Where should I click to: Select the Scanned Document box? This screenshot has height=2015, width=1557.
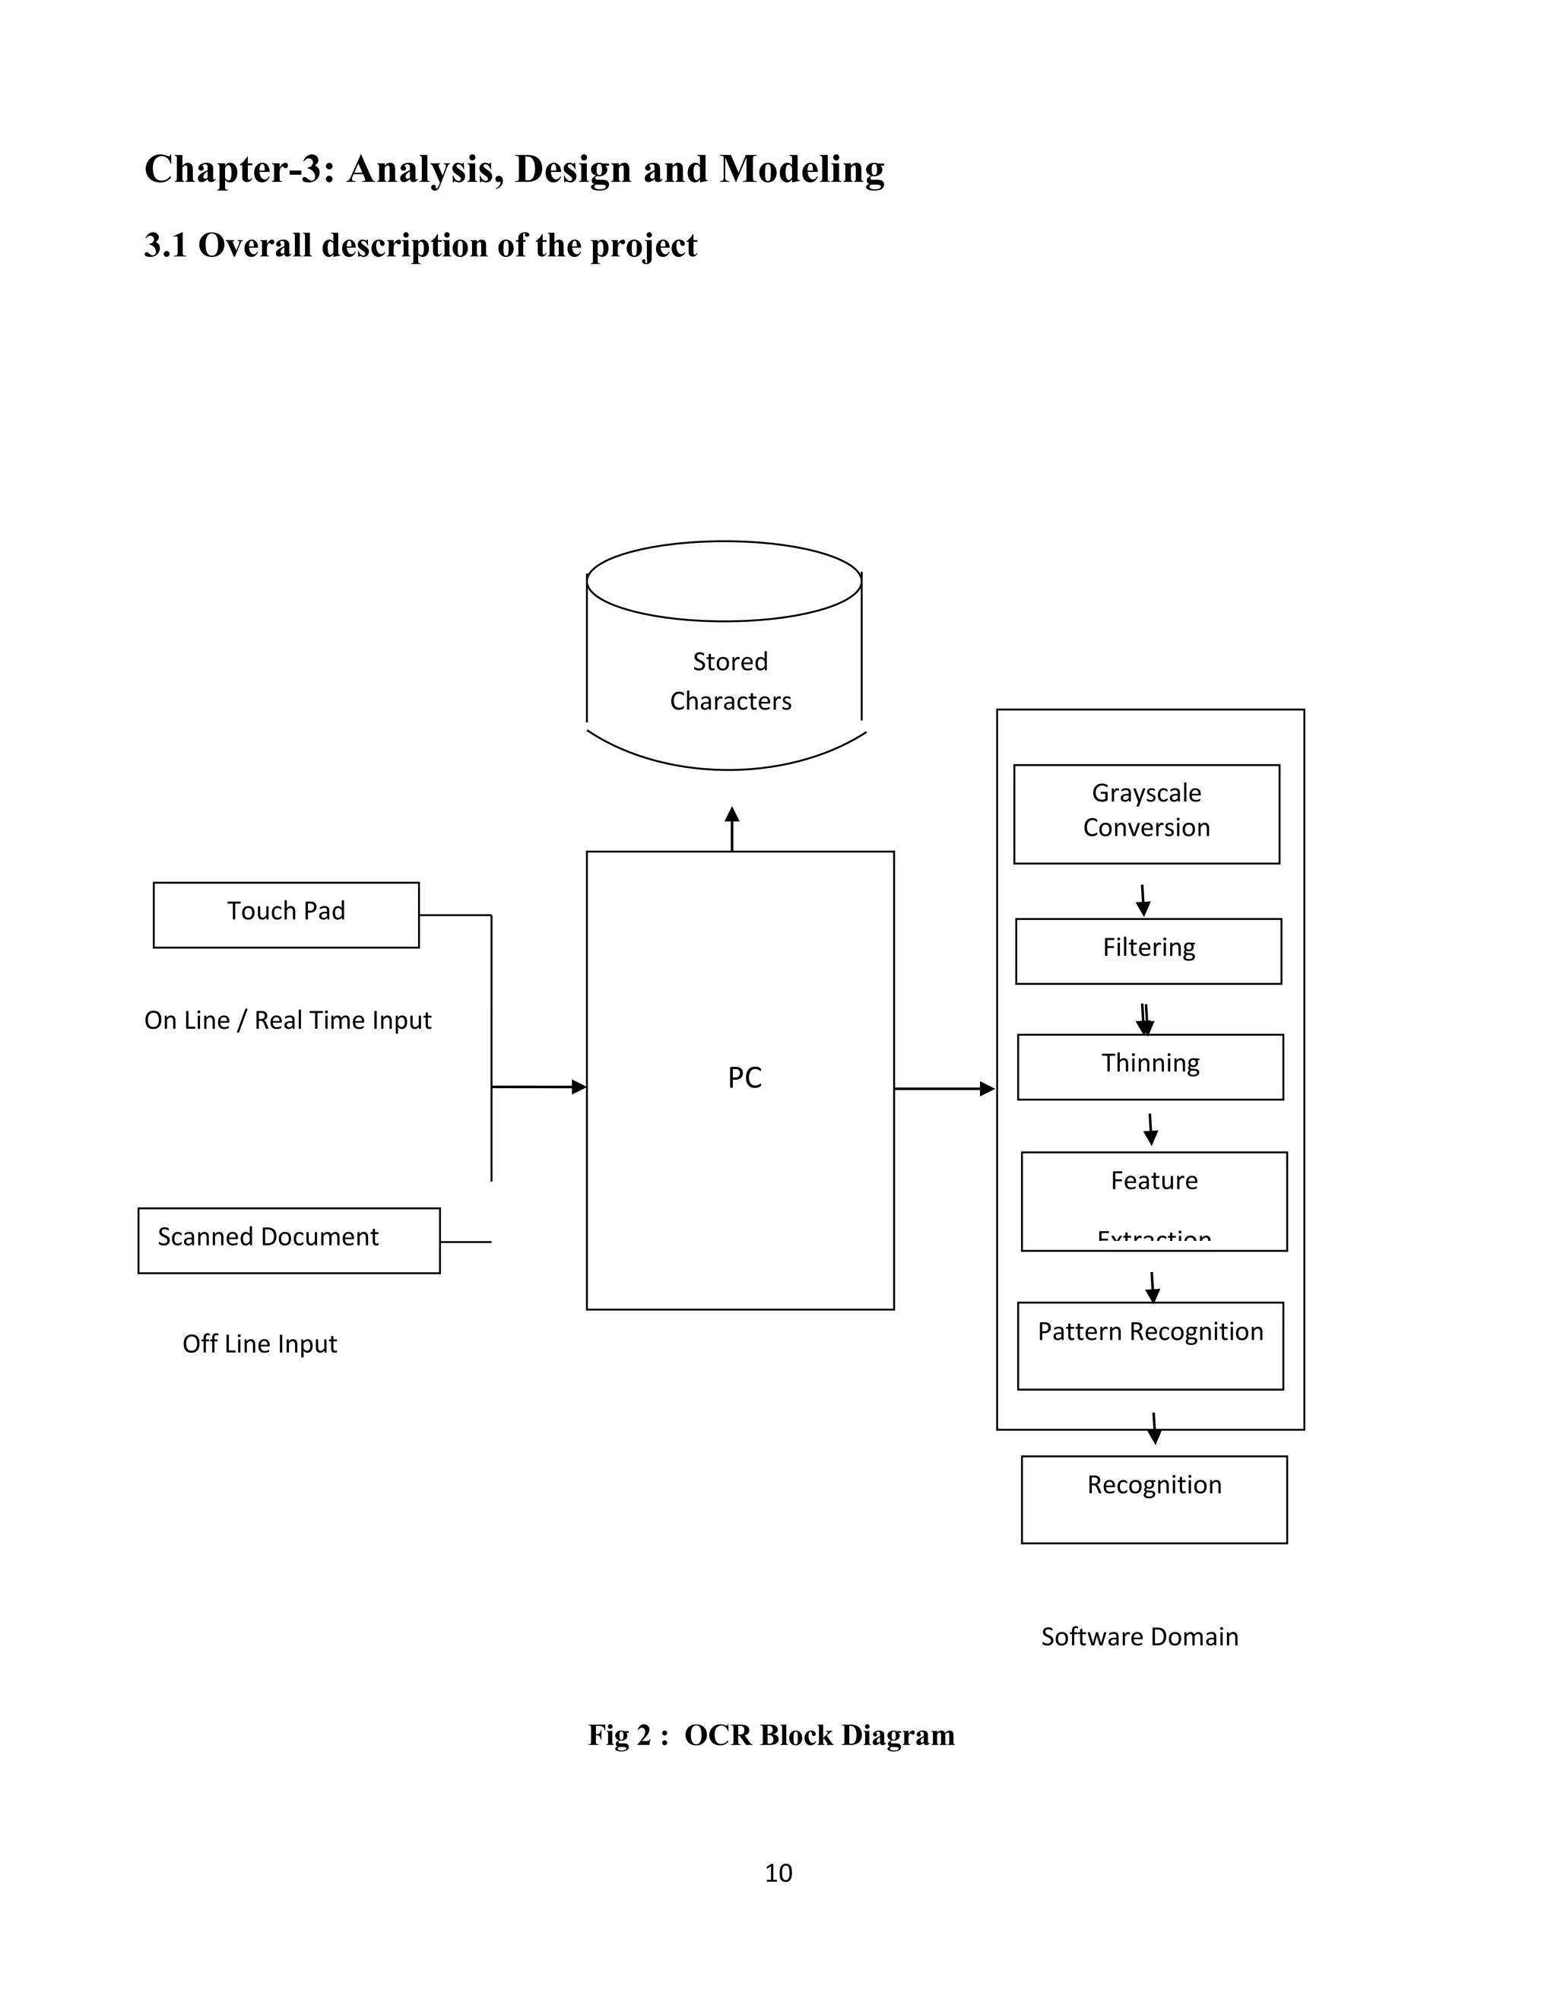pos(289,1240)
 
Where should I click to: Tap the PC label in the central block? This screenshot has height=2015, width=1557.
pos(744,1077)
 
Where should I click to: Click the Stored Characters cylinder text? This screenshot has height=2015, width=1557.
pos(730,681)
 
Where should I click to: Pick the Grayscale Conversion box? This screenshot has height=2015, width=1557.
pos(1146,814)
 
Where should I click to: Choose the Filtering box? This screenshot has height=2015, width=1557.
pos(1149,950)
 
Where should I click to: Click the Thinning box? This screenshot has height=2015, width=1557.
pos(1150,1067)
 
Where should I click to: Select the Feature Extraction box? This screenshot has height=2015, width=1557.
pos(1154,1201)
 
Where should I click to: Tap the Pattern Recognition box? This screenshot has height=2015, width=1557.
pos(1150,1344)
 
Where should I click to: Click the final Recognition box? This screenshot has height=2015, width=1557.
pos(1154,1499)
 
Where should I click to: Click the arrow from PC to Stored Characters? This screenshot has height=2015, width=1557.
pos(731,829)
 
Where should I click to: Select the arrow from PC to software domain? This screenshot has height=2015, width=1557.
pos(943,1089)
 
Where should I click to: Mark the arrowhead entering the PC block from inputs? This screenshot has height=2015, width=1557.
pos(579,1087)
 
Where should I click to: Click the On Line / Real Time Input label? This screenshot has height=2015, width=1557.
pos(288,1020)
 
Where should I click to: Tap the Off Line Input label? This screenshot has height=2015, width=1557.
pos(259,1344)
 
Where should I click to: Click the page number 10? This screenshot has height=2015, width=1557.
pos(778,1872)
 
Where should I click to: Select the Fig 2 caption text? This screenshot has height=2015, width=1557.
pos(771,1734)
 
